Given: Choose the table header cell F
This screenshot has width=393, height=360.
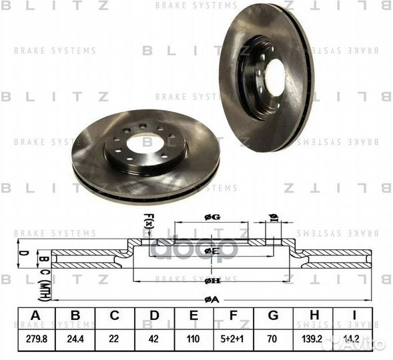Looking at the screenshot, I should point(232,316).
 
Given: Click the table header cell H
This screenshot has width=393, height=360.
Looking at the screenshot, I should point(312,316).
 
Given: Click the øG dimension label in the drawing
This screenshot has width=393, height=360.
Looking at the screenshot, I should point(211,216).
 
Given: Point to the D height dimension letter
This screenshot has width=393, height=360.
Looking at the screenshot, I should point(22,253).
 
